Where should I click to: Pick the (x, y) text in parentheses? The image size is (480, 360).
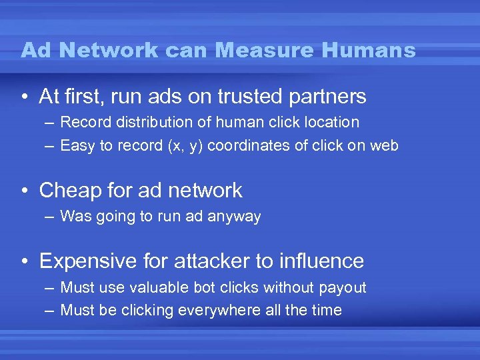187,146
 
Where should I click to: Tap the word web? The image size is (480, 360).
383,145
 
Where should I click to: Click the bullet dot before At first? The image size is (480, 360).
24,97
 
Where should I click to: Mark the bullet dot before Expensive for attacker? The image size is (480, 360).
24,261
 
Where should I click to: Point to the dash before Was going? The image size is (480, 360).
51,216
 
